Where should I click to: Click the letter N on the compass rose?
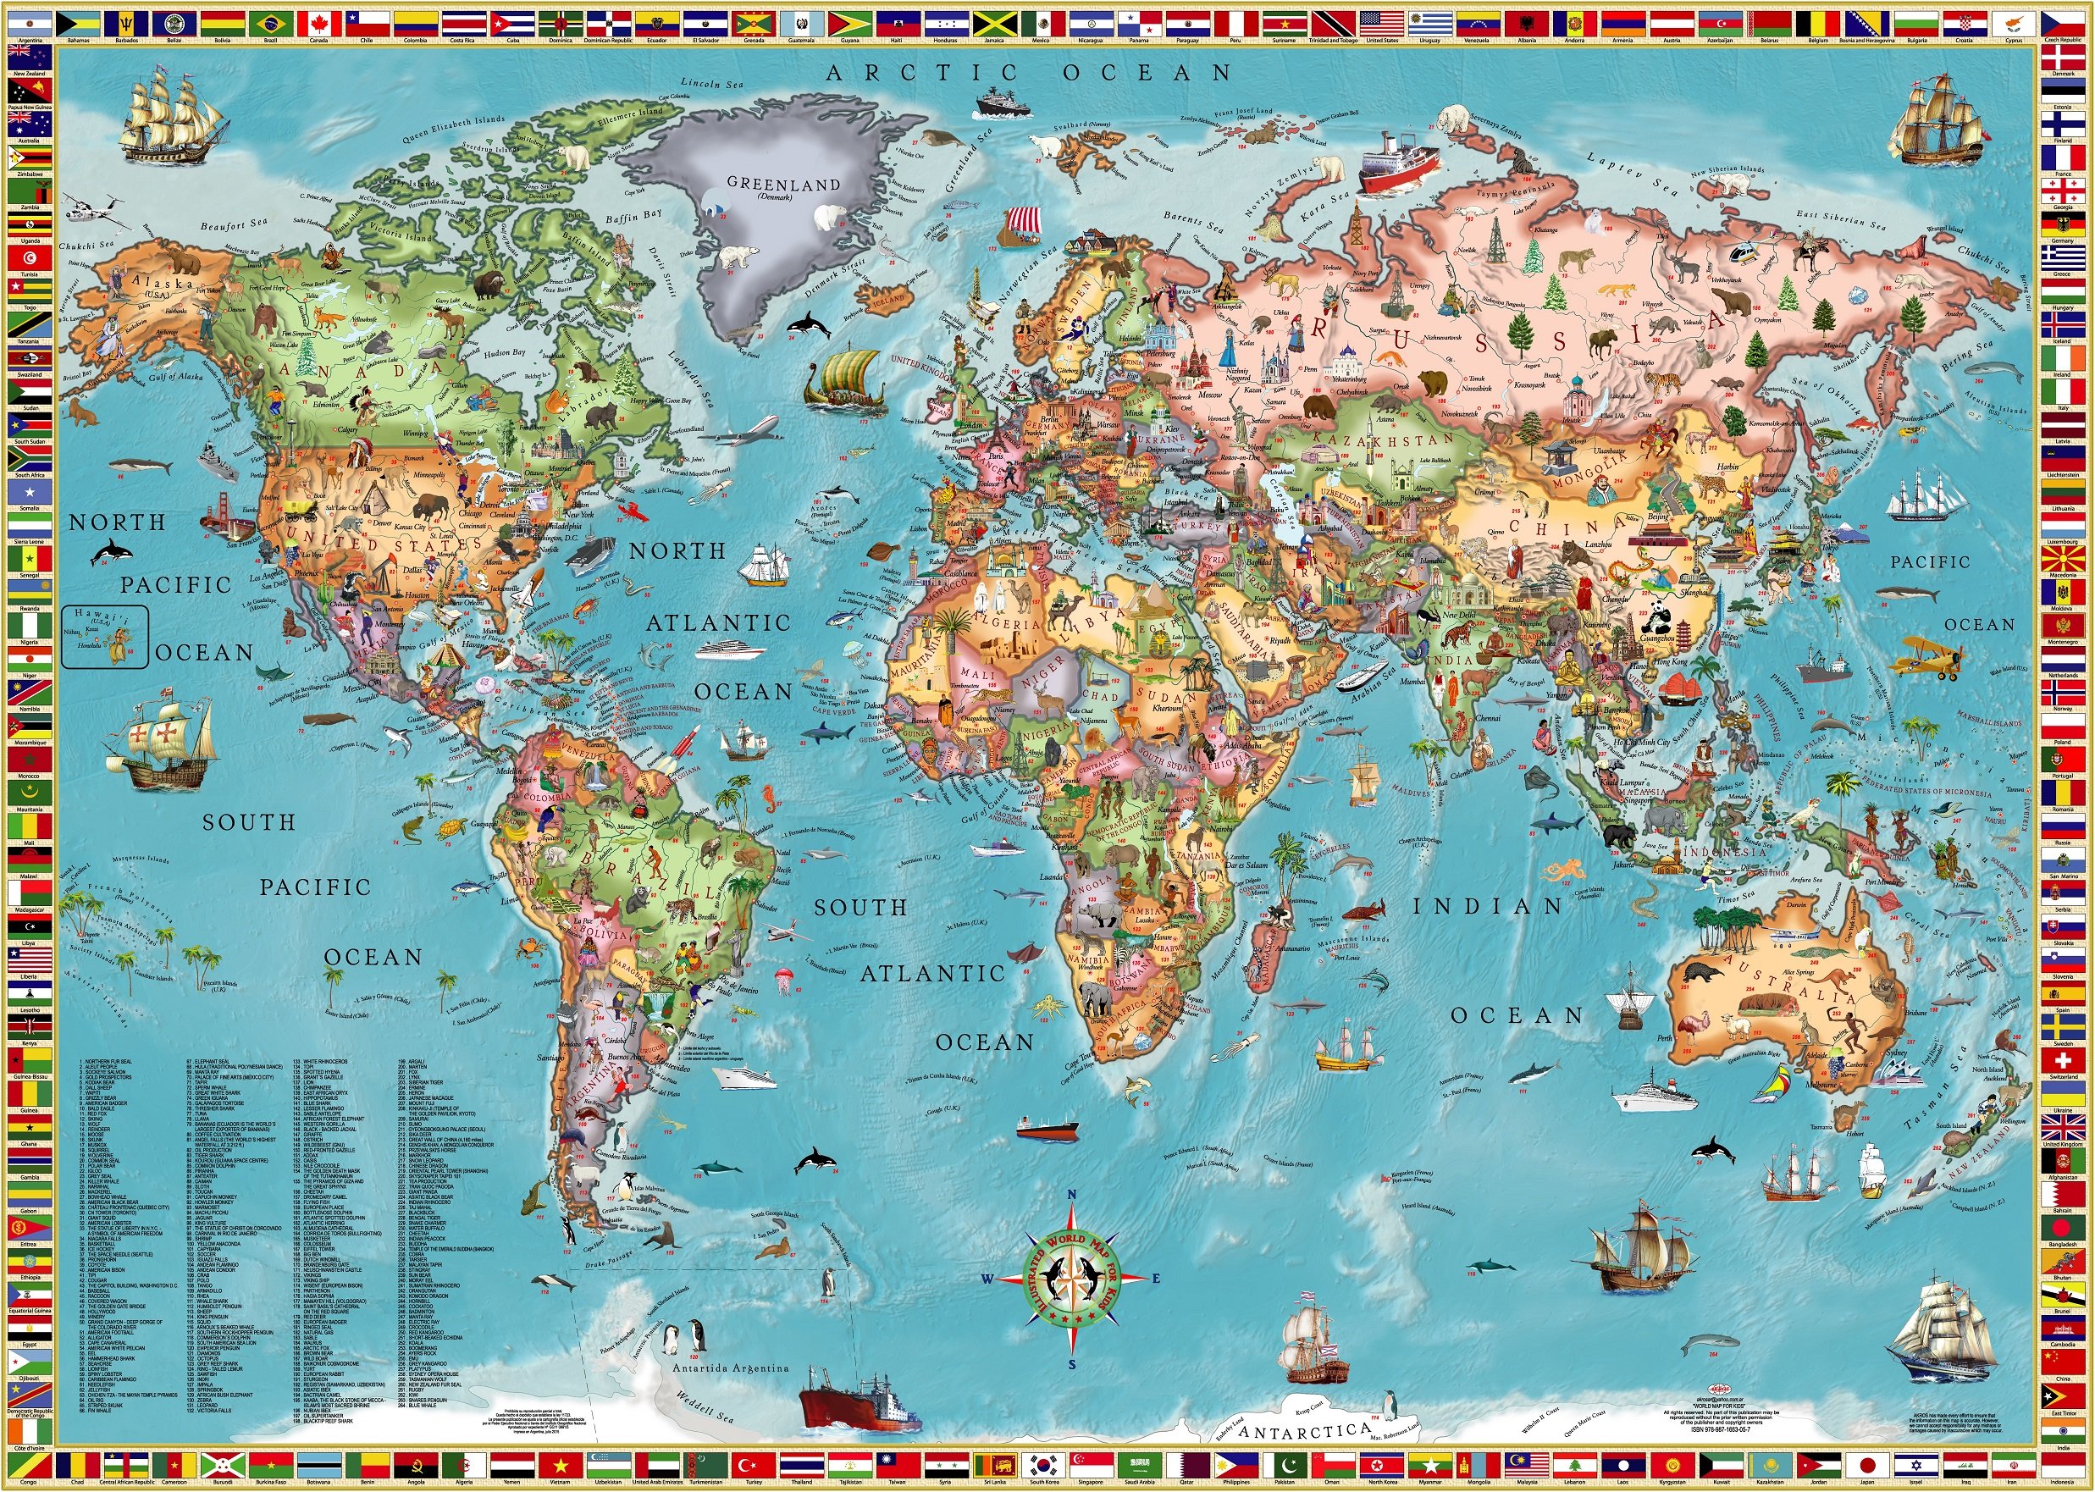[x=1071, y=1194]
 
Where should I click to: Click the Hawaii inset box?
[x=104, y=635]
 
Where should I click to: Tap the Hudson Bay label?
[x=505, y=352]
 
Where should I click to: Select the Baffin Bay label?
[x=634, y=217]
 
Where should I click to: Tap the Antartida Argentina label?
[x=731, y=1368]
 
